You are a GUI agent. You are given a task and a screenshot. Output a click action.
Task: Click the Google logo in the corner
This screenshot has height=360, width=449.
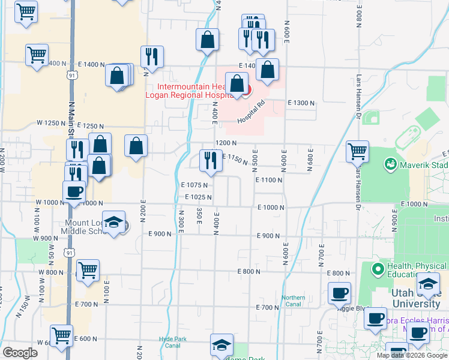click(20, 353)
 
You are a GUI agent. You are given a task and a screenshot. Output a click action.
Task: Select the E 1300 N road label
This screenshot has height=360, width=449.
click(301, 103)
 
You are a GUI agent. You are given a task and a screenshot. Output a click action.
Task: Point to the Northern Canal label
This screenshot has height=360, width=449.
click(294, 301)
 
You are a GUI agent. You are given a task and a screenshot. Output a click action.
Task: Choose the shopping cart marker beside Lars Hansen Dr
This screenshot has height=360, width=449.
click(357, 151)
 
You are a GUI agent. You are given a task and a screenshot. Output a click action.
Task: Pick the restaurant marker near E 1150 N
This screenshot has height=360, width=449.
click(209, 160)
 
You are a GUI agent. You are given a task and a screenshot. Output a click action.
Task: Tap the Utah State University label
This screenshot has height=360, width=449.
click(417, 298)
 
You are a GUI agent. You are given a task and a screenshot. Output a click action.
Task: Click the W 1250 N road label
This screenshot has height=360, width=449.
click(50, 122)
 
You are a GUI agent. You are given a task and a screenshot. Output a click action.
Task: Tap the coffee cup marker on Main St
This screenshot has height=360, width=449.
click(74, 193)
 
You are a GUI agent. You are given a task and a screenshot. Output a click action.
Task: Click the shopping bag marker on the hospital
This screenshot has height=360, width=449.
click(237, 85)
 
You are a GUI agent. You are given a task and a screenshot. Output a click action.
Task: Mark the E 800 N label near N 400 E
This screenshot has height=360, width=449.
click(249, 272)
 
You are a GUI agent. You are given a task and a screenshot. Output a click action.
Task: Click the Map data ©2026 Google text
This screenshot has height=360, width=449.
click(412, 355)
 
